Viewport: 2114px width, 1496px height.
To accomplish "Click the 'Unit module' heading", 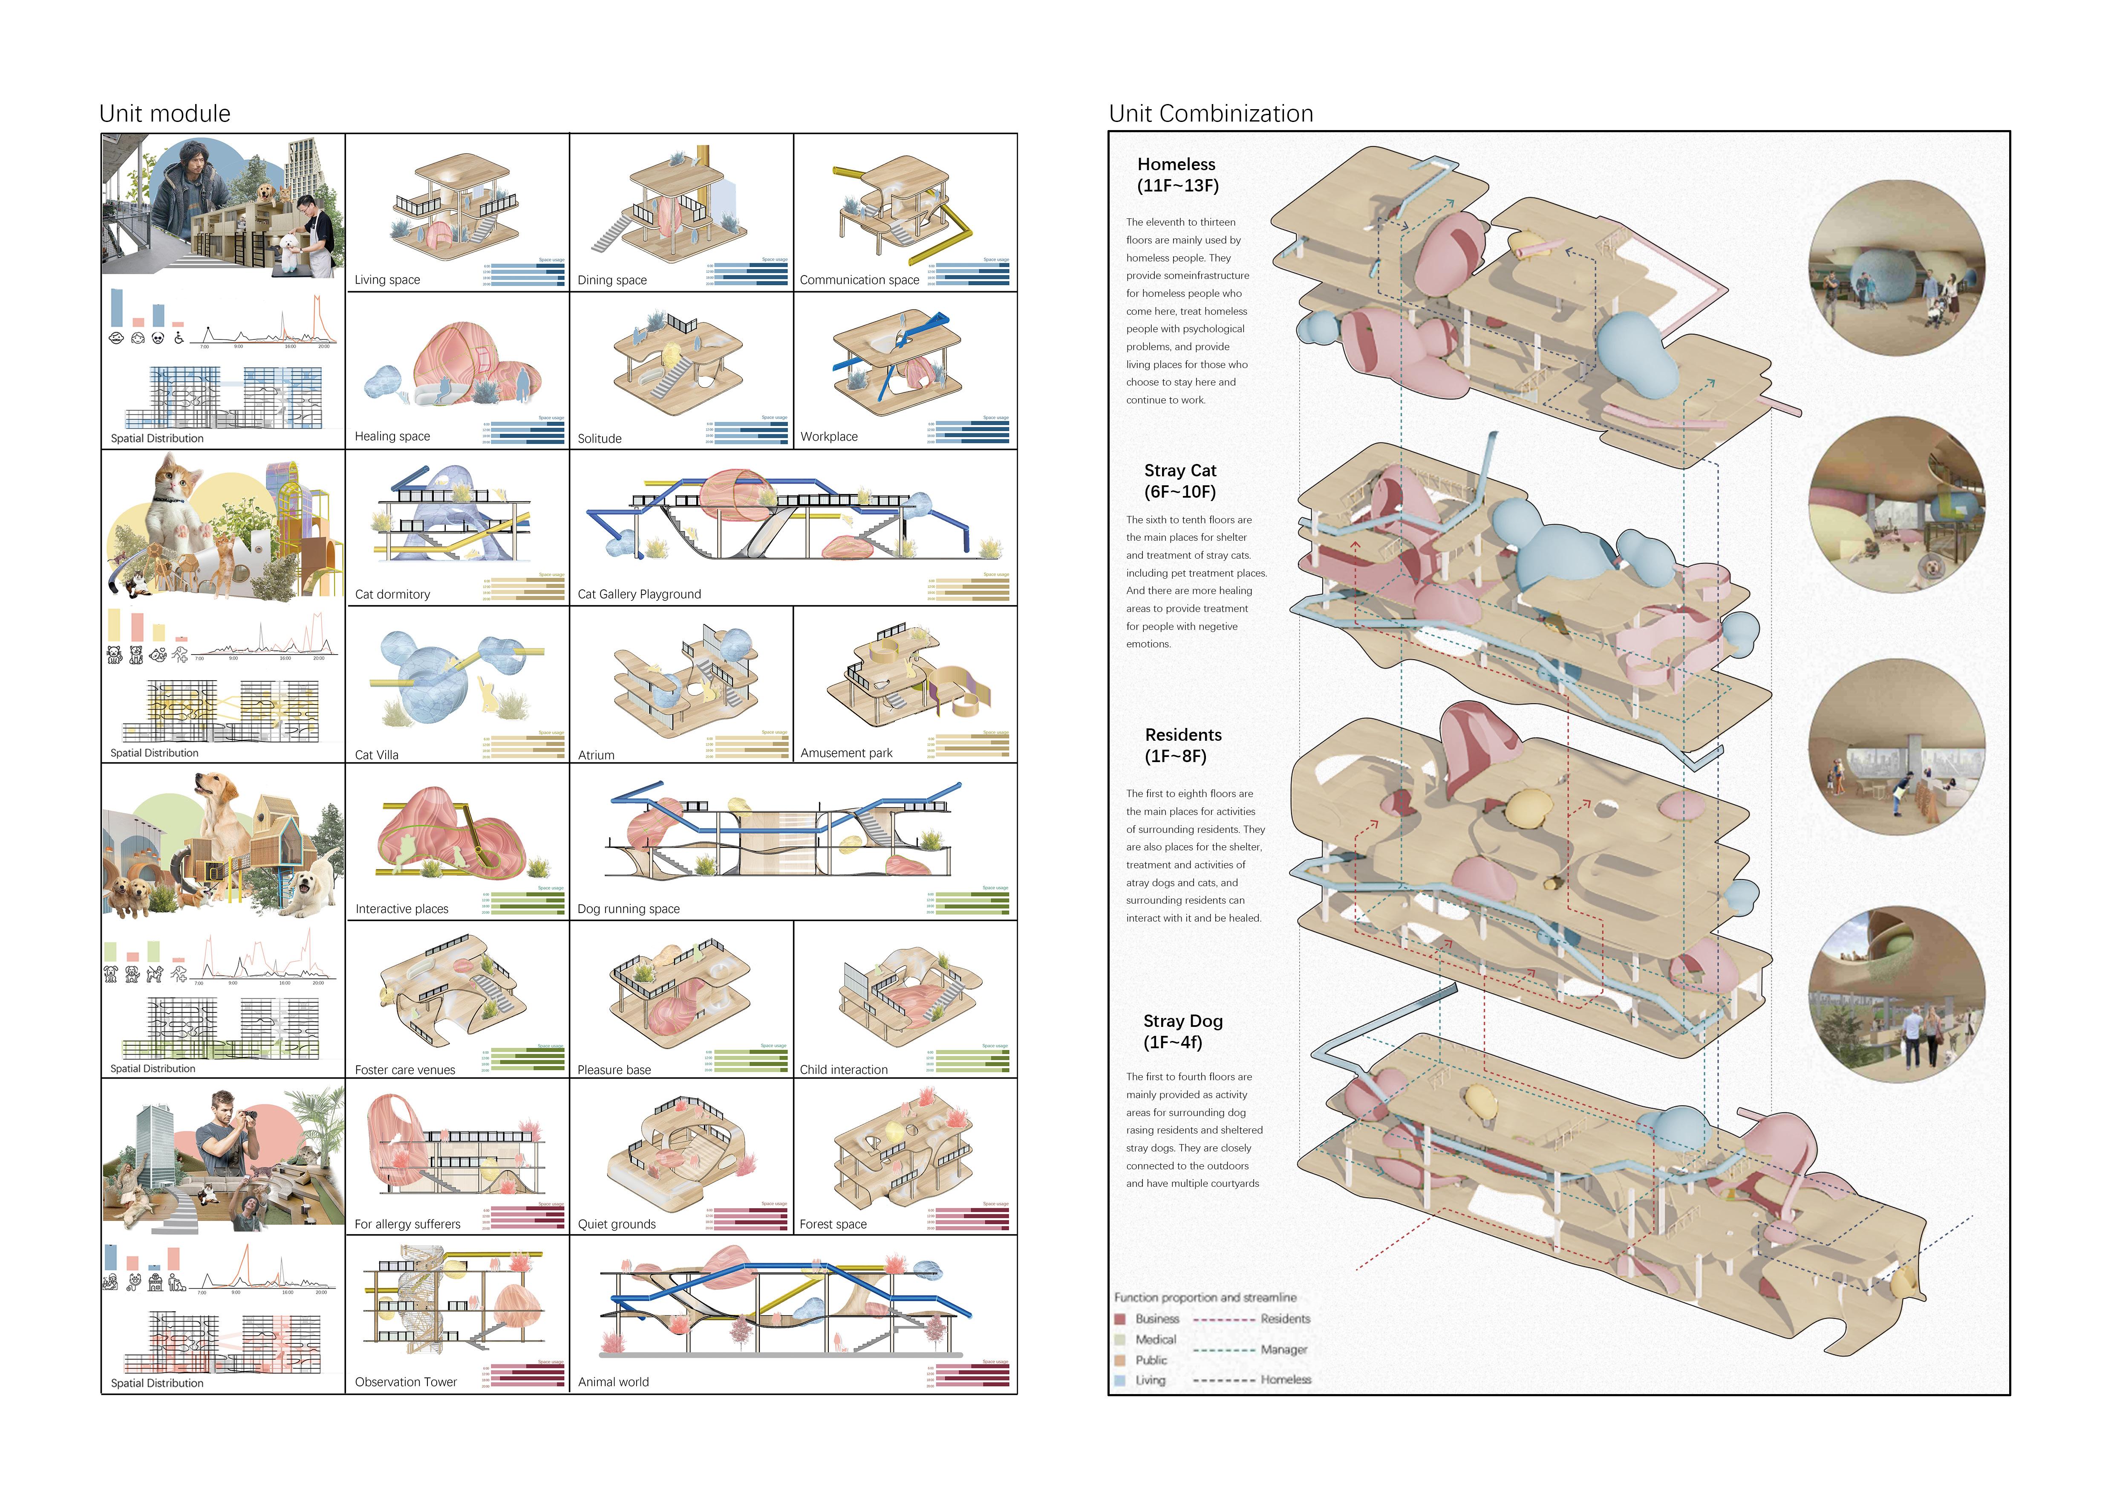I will [165, 113].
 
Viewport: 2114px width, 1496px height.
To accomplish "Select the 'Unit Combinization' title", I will [1211, 113].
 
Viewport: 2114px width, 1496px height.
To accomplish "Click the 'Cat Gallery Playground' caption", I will [639, 594].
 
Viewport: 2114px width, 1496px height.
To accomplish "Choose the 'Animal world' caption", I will [613, 1382].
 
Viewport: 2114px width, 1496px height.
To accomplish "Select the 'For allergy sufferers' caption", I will [407, 1224].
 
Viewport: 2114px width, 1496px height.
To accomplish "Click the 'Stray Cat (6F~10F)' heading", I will [1180, 481].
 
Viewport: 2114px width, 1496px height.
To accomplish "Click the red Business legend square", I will [1121, 1319].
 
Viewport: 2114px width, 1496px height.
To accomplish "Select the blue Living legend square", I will [1121, 1380].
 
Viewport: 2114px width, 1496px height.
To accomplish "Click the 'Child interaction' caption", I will [843, 1070].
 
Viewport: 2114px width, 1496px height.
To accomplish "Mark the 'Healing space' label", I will [392, 437].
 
